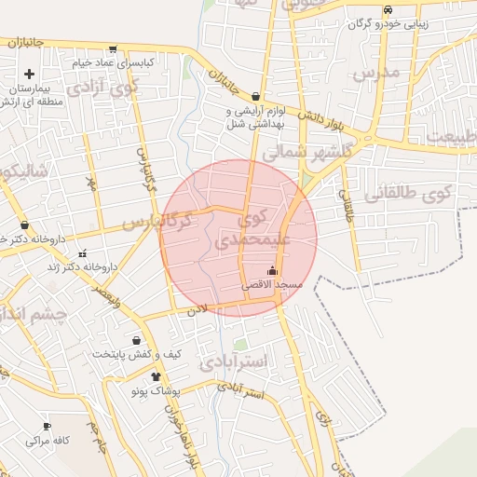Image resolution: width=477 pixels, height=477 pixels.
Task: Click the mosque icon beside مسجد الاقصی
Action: pyautogui.click(x=272, y=272)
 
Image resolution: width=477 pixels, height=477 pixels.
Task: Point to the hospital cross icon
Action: pyautogui.click(x=29, y=74)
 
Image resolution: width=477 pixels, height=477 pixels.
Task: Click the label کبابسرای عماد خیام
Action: pyautogui.click(x=120, y=63)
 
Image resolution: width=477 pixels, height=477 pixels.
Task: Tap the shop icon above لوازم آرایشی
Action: pyautogui.click(x=256, y=96)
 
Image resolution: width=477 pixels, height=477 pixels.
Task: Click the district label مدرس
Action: pyautogui.click(x=377, y=73)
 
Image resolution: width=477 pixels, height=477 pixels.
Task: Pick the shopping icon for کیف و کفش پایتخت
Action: pyautogui.click(x=137, y=341)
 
